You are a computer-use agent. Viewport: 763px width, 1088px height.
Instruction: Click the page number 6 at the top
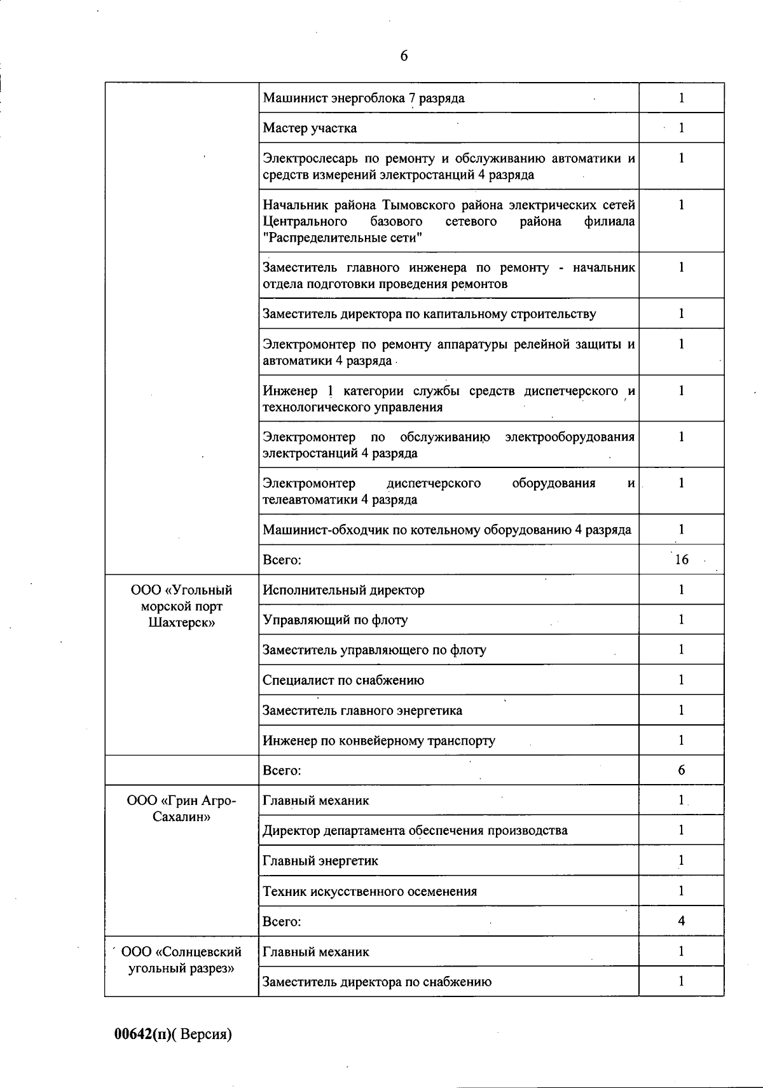click(x=404, y=56)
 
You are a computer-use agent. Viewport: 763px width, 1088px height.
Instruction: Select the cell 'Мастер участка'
click(x=310, y=128)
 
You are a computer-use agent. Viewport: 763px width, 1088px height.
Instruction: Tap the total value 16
click(x=681, y=560)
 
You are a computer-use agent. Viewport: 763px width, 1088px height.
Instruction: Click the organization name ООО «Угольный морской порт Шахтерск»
click(x=181, y=606)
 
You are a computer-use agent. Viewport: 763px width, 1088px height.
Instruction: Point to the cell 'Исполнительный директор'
click(x=343, y=590)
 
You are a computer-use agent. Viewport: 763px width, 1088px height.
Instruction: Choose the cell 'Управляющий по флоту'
click(x=335, y=620)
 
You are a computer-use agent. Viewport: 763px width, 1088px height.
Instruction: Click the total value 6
click(x=681, y=770)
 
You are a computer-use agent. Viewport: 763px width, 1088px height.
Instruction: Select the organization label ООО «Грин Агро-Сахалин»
click(x=181, y=808)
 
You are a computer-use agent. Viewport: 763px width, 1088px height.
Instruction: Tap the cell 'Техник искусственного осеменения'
click(x=369, y=891)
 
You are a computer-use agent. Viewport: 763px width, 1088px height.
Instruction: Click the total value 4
click(x=681, y=921)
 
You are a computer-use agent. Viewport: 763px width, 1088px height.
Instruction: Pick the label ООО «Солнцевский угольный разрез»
click(x=181, y=960)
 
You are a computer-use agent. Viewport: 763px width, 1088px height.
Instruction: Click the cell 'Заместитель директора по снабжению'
click(x=377, y=981)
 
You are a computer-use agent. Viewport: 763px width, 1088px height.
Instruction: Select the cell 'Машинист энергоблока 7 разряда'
click(x=363, y=98)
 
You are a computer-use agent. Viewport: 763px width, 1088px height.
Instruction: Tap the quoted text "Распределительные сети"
click(x=343, y=238)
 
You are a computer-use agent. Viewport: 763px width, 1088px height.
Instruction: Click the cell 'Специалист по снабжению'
click(x=343, y=680)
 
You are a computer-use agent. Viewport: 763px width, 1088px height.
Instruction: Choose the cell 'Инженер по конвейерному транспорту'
click(x=379, y=741)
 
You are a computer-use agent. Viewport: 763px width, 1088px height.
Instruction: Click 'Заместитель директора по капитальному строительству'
click(x=429, y=313)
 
